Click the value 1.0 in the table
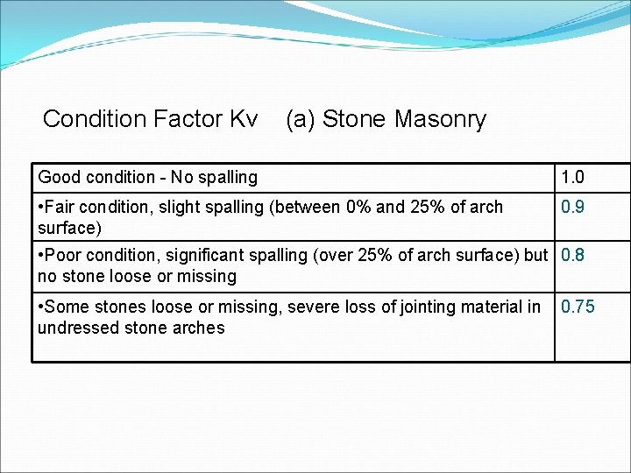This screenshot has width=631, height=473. coord(572,178)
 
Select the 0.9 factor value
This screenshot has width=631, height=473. coord(572,208)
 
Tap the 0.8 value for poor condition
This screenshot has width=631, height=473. coord(572,256)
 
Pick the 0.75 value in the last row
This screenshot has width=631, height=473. coord(578,307)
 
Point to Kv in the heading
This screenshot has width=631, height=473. coord(242,119)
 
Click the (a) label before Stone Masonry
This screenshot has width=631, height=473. coord(301,120)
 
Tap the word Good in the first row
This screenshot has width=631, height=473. coord(58,178)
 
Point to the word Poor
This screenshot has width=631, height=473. coord(63,256)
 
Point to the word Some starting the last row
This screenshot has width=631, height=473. coord(66,307)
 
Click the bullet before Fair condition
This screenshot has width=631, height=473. coord(41,208)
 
